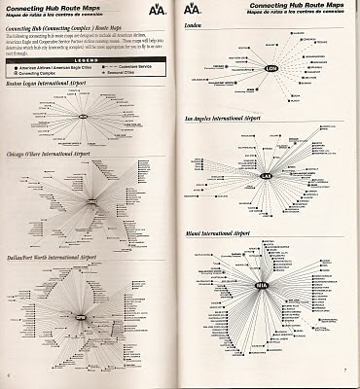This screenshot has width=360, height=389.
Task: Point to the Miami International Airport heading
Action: (227, 234)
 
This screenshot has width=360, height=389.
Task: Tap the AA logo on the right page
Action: (195, 12)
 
